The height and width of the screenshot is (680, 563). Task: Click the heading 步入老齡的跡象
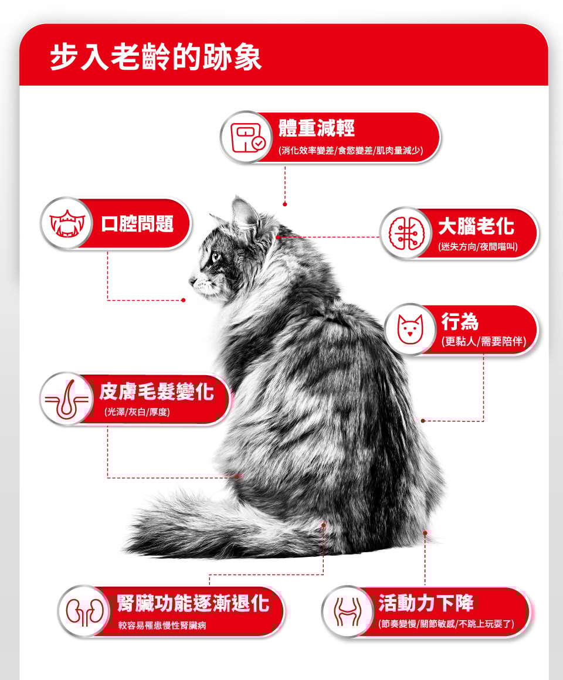click(x=156, y=57)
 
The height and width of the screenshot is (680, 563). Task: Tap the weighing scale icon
click(x=247, y=137)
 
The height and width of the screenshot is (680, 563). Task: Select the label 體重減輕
click(x=317, y=128)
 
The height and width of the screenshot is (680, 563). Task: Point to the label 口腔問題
click(x=137, y=223)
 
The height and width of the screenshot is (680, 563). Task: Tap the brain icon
click(x=406, y=234)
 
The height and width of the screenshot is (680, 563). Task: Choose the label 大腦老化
click(x=476, y=226)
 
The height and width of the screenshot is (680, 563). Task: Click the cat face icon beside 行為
click(x=410, y=329)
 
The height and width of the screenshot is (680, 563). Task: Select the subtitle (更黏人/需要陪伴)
click(x=484, y=341)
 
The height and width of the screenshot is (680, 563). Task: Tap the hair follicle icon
click(x=67, y=399)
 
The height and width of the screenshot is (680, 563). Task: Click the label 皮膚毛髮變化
click(x=157, y=391)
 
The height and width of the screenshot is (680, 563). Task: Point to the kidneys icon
click(x=85, y=611)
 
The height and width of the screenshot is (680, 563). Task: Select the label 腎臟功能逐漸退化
click(x=193, y=603)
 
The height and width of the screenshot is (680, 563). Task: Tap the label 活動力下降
click(x=426, y=603)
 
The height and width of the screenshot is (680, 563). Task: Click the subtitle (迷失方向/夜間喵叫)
click(x=477, y=247)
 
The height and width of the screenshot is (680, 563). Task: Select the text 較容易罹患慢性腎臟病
click(x=162, y=625)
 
